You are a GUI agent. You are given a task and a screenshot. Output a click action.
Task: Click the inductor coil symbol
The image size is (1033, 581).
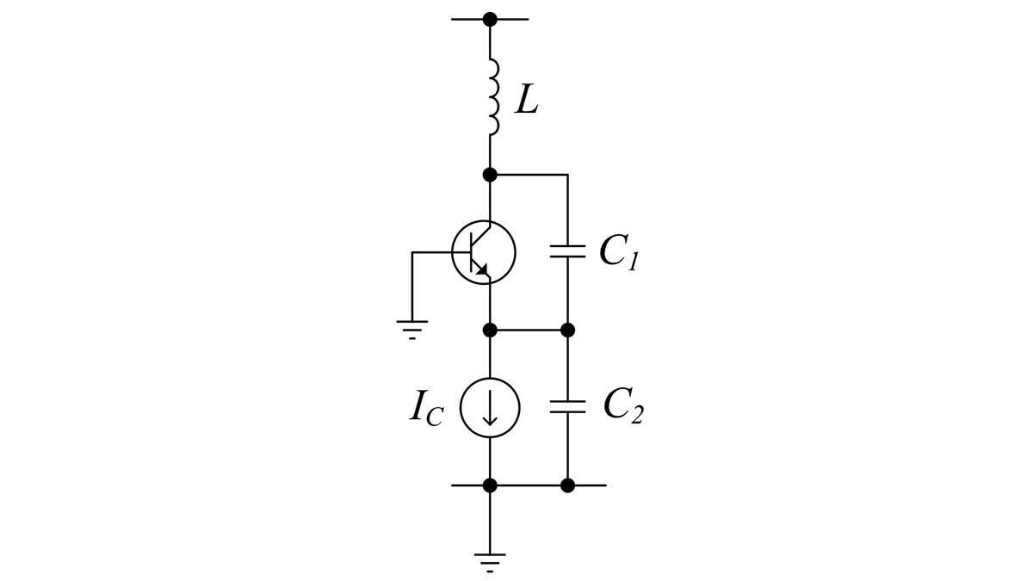[x=492, y=97]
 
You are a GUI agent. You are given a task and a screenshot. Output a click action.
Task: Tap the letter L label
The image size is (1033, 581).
[x=527, y=101]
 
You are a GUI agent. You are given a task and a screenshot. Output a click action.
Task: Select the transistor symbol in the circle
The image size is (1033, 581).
[x=484, y=252]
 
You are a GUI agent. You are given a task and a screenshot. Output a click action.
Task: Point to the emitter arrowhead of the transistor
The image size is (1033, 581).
[x=481, y=270]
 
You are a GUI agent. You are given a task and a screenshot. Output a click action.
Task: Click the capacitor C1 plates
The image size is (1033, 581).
[x=567, y=251]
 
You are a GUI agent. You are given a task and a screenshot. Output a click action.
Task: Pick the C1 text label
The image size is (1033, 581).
[x=618, y=252]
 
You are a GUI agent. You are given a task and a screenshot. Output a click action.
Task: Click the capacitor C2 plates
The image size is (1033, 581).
[x=567, y=406]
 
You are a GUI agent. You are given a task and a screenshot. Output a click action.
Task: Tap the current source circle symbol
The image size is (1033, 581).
[x=490, y=407]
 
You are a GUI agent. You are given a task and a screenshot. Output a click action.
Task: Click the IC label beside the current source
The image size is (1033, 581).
[x=427, y=408]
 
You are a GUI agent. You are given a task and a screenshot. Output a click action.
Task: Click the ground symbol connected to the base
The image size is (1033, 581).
[x=412, y=327]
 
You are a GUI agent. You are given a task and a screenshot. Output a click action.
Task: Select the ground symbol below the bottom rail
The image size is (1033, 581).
[x=490, y=560]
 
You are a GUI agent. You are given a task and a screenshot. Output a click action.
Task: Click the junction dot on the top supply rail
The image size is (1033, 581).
[x=490, y=19]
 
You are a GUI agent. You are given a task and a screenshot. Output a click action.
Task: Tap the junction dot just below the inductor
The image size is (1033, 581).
[x=490, y=175]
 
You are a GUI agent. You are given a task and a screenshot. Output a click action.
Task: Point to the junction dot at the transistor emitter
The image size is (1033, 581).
[x=490, y=330]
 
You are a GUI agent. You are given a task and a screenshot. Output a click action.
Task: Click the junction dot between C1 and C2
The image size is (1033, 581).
[x=567, y=330]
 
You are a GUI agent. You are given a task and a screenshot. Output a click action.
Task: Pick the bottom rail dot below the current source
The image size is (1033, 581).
[x=490, y=485]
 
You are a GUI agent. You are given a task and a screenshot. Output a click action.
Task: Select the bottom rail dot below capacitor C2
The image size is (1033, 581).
[x=567, y=485]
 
